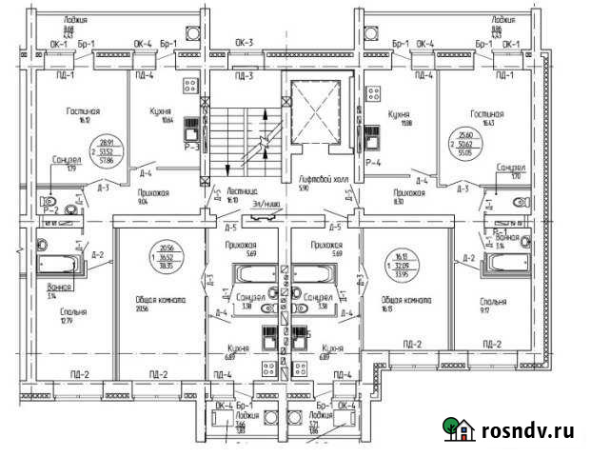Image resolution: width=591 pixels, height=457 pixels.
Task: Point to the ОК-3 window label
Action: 244,43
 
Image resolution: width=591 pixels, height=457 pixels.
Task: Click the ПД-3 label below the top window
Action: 244,75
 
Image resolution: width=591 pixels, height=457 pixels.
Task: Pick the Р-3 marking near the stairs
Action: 190,148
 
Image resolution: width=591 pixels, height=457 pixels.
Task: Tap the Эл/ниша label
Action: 264,204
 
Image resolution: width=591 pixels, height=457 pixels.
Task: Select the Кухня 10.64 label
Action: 167,114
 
